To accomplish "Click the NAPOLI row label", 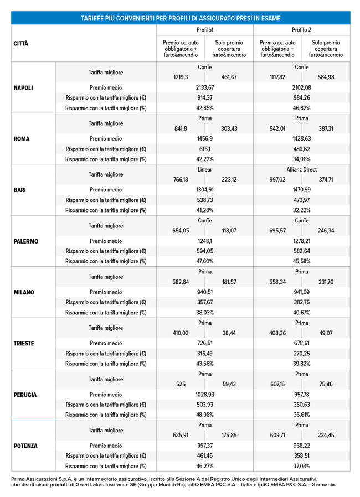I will point(25,87).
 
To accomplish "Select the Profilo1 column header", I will point(205,30).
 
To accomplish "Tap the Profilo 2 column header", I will point(301,30).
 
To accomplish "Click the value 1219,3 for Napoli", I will point(181,77).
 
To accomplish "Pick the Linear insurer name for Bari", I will point(205,169).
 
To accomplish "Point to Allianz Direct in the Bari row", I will point(302,169).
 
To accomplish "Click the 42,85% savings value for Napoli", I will point(205,108).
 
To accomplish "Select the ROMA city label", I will point(22,139).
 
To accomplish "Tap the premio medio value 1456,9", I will point(205,139).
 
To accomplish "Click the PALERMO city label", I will point(27,241).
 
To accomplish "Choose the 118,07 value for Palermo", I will point(229,231).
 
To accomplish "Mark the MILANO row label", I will point(24,292).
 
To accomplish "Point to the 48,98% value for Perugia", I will point(205,415).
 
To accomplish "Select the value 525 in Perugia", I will point(181,384).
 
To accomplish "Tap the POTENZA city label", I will point(26,446).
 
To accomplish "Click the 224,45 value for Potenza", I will point(326,436).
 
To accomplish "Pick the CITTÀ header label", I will point(21,43).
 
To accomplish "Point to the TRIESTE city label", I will point(25,343).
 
